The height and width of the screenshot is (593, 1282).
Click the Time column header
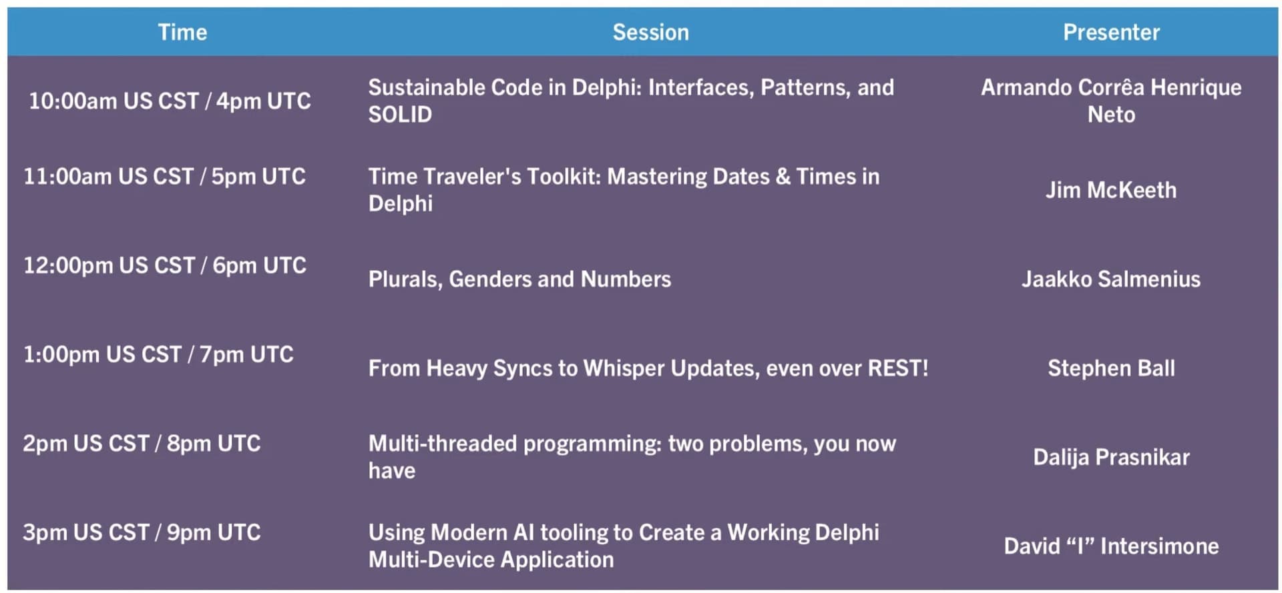coord(182,32)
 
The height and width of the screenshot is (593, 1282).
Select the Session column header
coord(651,32)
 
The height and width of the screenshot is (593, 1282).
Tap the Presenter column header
coord(1112,32)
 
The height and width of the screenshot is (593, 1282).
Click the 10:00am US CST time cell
coord(170,101)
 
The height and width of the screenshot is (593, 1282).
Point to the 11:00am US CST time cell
coord(164,176)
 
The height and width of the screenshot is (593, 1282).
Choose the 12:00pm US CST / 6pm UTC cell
coord(165,265)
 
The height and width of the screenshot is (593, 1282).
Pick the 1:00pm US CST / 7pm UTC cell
coord(158,354)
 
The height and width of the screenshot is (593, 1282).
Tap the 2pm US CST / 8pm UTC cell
coord(142,444)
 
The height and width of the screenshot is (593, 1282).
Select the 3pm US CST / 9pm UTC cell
coord(142,532)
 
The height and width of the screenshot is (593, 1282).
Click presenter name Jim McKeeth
coord(1111,190)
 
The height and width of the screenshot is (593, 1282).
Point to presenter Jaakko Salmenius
coord(1111,279)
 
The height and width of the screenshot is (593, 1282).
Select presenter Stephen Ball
coord(1111,368)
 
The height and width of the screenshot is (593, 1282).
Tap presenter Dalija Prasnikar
coord(1111,457)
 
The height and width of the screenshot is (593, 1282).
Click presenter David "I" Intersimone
coord(1111,546)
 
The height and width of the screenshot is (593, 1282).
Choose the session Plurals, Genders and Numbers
coord(519,279)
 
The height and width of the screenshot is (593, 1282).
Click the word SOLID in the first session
coord(400,115)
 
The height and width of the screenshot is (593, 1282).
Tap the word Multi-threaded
coord(443,444)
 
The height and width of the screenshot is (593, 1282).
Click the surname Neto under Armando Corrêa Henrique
coord(1111,115)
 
